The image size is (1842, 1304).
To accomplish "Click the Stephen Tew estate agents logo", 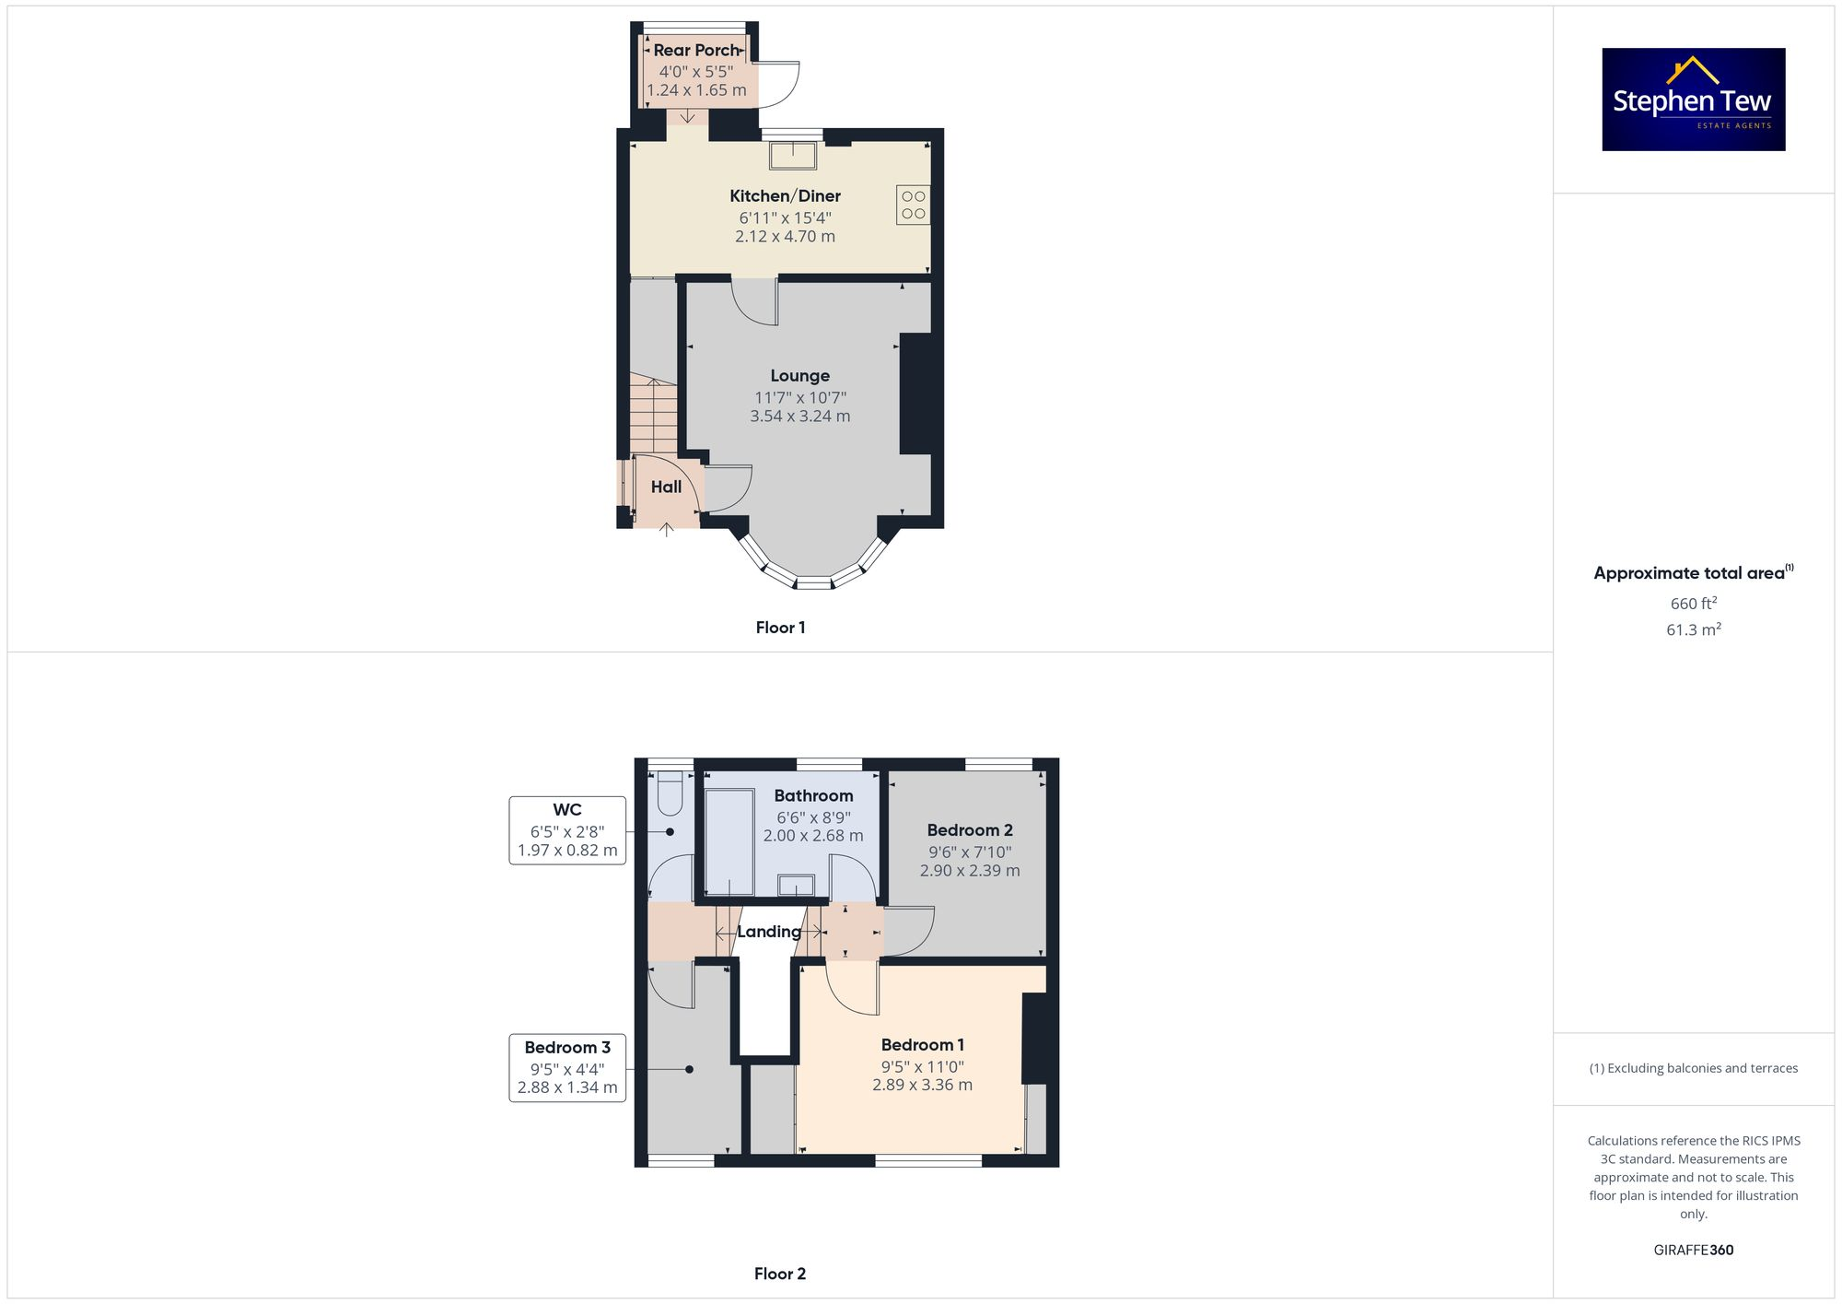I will click(1693, 100).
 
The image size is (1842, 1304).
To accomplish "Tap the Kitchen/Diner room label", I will click(785, 196).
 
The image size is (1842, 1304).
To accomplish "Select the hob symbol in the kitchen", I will click(913, 206).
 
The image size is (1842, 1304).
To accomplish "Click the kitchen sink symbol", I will click(792, 156).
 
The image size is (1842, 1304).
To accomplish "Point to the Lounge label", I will click(799, 376).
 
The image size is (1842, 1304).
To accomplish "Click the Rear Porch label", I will click(696, 51).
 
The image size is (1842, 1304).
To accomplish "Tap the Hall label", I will click(666, 488).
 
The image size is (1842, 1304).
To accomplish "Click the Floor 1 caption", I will click(780, 628).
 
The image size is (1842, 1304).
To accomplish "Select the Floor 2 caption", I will click(779, 1274).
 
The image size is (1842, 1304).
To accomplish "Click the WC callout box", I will click(567, 829).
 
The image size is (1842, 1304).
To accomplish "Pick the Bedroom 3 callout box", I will click(567, 1067).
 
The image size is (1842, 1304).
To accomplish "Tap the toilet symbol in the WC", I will click(670, 793).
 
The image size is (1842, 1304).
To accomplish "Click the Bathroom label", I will click(813, 796).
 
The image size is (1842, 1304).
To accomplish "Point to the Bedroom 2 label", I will click(969, 830).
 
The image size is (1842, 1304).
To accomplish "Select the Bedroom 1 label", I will click(922, 1045).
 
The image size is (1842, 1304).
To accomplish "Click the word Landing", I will click(768, 932).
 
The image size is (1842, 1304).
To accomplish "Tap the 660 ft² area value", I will click(1693, 604).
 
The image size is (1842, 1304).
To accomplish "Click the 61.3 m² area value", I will click(1693, 630).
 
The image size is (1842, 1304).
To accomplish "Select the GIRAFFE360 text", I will click(1693, 1251).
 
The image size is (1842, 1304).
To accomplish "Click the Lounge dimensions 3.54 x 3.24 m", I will click(799, 417).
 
